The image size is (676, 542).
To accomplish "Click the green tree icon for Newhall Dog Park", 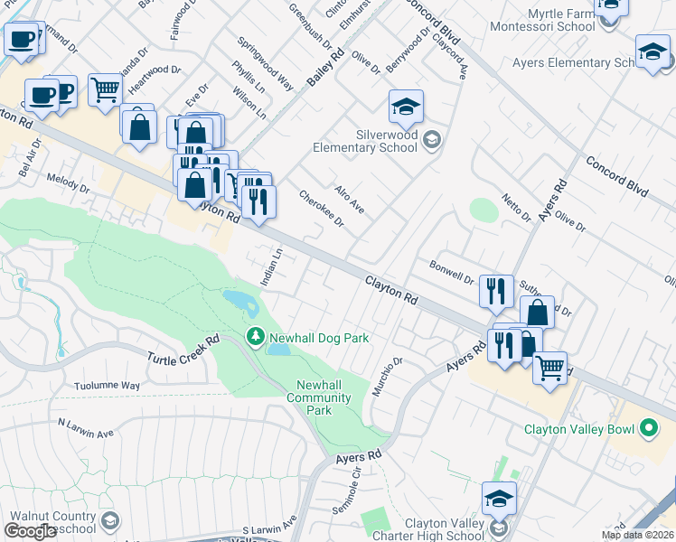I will click(x=256, y=337).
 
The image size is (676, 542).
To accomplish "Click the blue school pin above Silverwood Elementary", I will click(x=406, y=107).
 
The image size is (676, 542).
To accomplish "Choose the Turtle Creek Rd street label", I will click(x=184, y=356).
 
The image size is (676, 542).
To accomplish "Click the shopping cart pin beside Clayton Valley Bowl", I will click(x=549, y=369).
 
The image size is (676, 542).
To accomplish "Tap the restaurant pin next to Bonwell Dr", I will click(x=495, y=291).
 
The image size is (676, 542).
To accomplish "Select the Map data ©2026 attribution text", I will click(x=637, y=535).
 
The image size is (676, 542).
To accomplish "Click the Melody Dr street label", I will click(x=68, y=184).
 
